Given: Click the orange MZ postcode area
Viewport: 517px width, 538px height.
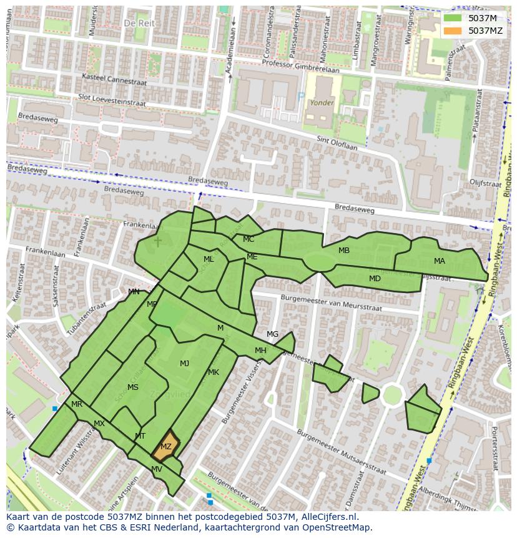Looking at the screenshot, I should (x=165, y=446).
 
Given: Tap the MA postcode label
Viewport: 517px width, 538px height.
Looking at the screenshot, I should (x=440, y=261).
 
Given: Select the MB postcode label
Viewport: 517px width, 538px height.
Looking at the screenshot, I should (x=344, y=251).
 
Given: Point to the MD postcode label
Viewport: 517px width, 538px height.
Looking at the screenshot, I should (x=375, y=279).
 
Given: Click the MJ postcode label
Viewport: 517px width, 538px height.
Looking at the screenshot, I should (x=185, y=364).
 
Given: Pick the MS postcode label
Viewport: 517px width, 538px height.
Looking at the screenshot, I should (x=133, y=387).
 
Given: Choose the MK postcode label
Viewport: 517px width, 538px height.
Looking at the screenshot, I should (x=214, y=372).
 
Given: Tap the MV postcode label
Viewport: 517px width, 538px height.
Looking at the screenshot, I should (x=157, y=469).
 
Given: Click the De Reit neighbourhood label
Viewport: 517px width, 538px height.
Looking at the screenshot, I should (x=139, y=22).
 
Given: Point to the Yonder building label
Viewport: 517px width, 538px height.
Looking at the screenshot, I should (x=322, y=102).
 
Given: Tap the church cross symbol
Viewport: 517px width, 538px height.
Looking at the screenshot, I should (x=158, y=241).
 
